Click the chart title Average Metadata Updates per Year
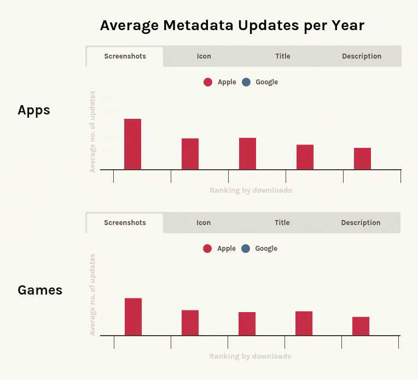[232, 25]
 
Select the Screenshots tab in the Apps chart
[125, 56]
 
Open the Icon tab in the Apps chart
[204, 56]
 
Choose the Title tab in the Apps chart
[282, 56]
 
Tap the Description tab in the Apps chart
[362, 56]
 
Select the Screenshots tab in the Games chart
[125, 223]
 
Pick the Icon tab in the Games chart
[204, 223]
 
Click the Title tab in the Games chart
[282, 223]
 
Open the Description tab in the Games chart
[361, 223]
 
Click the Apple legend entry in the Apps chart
[220, 82]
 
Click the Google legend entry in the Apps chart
[260, 82]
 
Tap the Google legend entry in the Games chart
[260, 249]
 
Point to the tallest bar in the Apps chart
[132, 144]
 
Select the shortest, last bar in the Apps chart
[362, 159]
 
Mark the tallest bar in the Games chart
[133, 316]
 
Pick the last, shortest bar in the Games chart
[361, 326]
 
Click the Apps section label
[34, 110]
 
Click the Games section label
[40, 290]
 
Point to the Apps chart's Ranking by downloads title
[251, 191]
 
